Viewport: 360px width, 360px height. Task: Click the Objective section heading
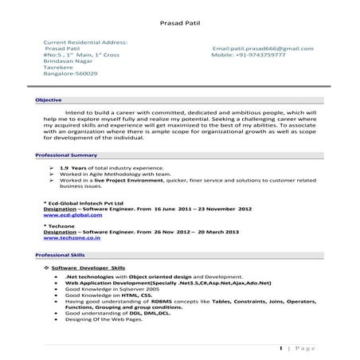pyautogui.click(x=49, y=100)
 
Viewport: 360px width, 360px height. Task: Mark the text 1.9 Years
pyautogui.click(x=73, y=169)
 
